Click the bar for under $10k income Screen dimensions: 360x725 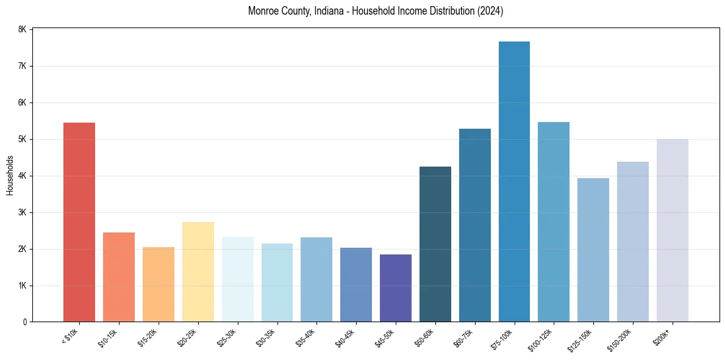[x=79, y=222]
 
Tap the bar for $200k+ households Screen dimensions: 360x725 [x=672, y=230]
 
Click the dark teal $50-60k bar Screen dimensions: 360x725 [x=435, y=244]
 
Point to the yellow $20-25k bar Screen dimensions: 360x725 [x=198, y=272]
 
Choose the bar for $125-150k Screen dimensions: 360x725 [x=593, y=250]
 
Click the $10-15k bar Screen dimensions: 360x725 [x=119, y=277]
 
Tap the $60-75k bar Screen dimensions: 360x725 [x=475, y=225]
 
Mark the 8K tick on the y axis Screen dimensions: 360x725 [x=23, y=29]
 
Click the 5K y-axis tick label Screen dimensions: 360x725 [x=23, y=139]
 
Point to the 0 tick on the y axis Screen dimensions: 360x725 [x=24, y=322]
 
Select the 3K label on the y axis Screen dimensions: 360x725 [x=23, y=212]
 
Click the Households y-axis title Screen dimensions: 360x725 [x=10, y=175]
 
